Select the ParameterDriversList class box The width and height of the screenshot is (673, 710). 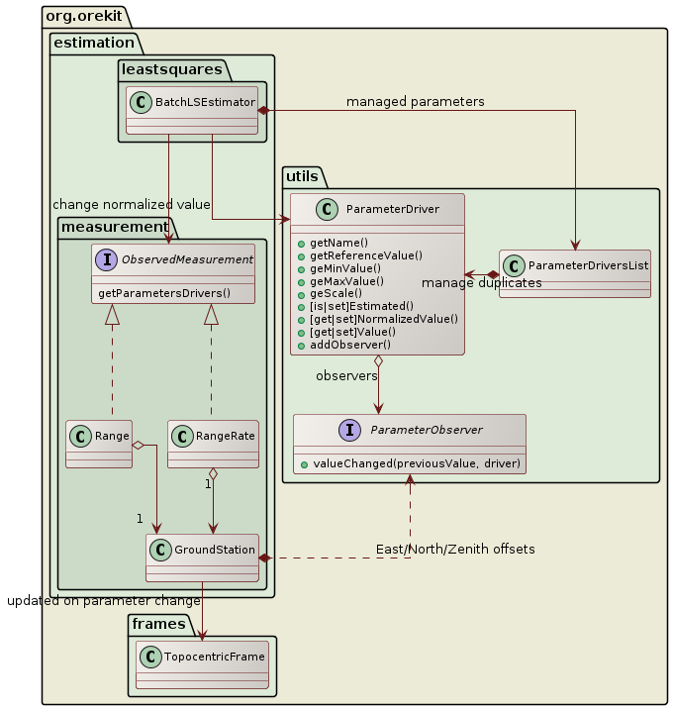click(574, 273)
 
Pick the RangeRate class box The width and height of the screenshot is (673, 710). click(213, 444)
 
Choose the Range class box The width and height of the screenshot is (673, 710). click(99, 444)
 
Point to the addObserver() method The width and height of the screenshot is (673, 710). click(350, 345)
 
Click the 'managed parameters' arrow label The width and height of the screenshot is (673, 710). click(415, 102)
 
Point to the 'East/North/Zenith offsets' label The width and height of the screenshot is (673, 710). click(455, 549)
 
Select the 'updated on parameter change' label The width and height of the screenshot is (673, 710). click(103, 600)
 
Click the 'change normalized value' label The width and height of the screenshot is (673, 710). click(131, 204)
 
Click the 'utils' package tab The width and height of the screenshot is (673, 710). click(301, 176)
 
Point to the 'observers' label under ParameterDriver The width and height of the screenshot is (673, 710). click(347, 376)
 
